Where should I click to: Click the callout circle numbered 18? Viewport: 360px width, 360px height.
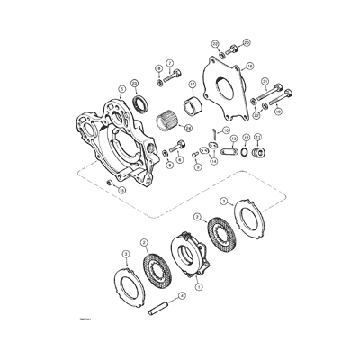click(249, 66)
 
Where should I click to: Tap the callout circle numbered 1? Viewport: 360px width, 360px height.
click(199, 286)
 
